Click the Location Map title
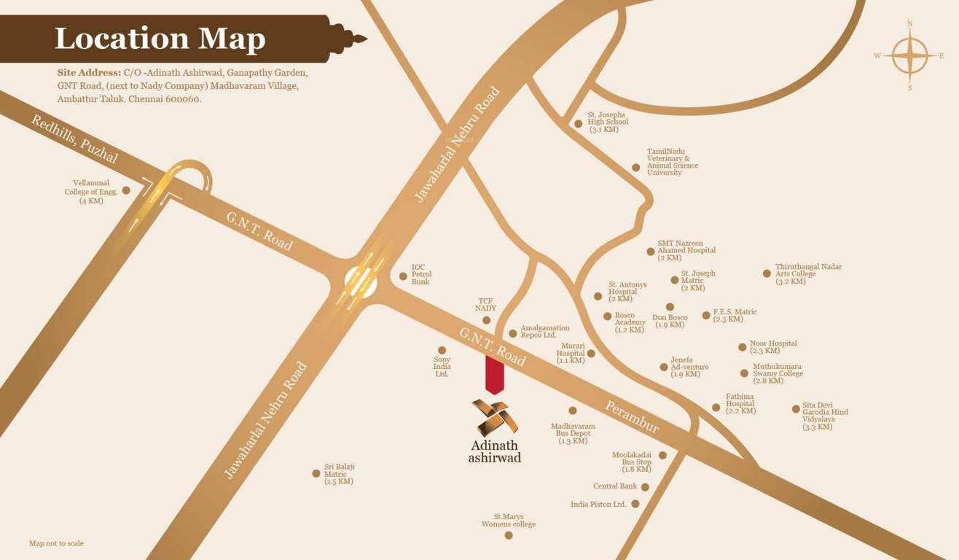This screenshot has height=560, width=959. click(160, 38)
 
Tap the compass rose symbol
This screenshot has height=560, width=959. click(909, 56)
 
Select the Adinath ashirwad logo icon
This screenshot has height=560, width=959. click(494, 417)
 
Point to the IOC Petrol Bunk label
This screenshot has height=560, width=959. click(421, 275)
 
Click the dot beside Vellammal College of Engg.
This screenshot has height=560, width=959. click(126, 190)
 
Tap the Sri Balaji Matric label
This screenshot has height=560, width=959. click(339, 474)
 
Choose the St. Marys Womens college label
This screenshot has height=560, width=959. click(508, 521)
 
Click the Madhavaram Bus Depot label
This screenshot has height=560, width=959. click(573, 433)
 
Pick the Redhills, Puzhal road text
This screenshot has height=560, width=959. click(74, 139)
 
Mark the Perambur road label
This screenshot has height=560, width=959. click(631, 417)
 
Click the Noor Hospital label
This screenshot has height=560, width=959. click(772, 346)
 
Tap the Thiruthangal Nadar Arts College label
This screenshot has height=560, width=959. click(807, 274)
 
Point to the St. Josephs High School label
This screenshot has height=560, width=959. click(607, 122)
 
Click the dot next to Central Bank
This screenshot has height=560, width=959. click(645, 487)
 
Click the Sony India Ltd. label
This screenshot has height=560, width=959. click(442, 366)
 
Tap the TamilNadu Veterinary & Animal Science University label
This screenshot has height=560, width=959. click(672, 162)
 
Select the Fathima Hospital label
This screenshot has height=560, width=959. click(740, 403)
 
